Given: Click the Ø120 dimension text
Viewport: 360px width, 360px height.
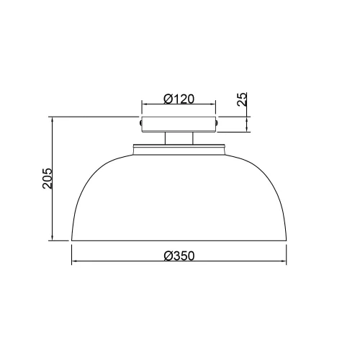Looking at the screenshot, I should pyautogui.click(x=179, y=99).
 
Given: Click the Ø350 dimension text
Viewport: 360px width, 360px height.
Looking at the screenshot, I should pyautogui.click(x=179, y=256).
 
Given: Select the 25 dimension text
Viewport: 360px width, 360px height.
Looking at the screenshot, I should pyautogui.click(x=243, y=99).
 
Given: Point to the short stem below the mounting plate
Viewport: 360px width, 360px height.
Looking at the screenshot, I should pyautogui.click(x=179, y=139).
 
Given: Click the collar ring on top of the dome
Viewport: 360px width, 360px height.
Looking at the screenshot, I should pyautogui.click(x=179, y=150).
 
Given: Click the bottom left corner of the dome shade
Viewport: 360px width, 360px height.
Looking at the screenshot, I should pyautogui.click(x=71, y=240).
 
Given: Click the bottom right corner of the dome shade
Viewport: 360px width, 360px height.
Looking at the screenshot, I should pyautogui.click(x=288, y=240).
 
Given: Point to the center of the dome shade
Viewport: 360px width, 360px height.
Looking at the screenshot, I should pyautogui.click(x=179, y=198).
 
